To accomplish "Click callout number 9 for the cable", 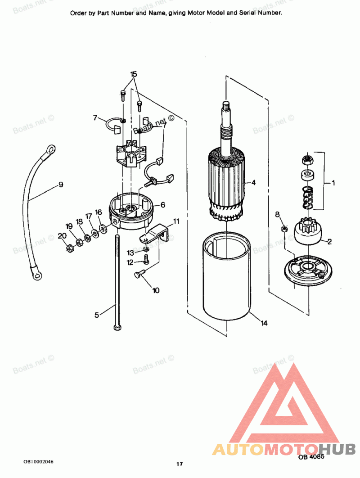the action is click(61, 185).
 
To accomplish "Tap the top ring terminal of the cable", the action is click(49, 149).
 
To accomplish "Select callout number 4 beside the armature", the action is click(253, 183).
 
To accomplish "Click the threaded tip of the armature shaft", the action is click(226, 106).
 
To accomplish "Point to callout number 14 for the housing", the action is click(264, 323).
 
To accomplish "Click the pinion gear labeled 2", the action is click(308, 231).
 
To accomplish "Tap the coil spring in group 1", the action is click(308, 198).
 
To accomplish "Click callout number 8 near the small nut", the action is click(277, 214).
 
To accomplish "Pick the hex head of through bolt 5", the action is click(117, 327).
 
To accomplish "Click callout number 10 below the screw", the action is click(156, 290).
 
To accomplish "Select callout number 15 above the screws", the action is click(134, 74).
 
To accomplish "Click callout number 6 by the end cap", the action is click(162, 204).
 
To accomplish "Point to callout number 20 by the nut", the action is click(62, 236).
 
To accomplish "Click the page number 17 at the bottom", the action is click(180, 464).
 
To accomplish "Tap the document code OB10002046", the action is click(38, 461).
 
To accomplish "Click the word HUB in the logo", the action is click(337, 449).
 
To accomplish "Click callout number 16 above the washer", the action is click(99, 212).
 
